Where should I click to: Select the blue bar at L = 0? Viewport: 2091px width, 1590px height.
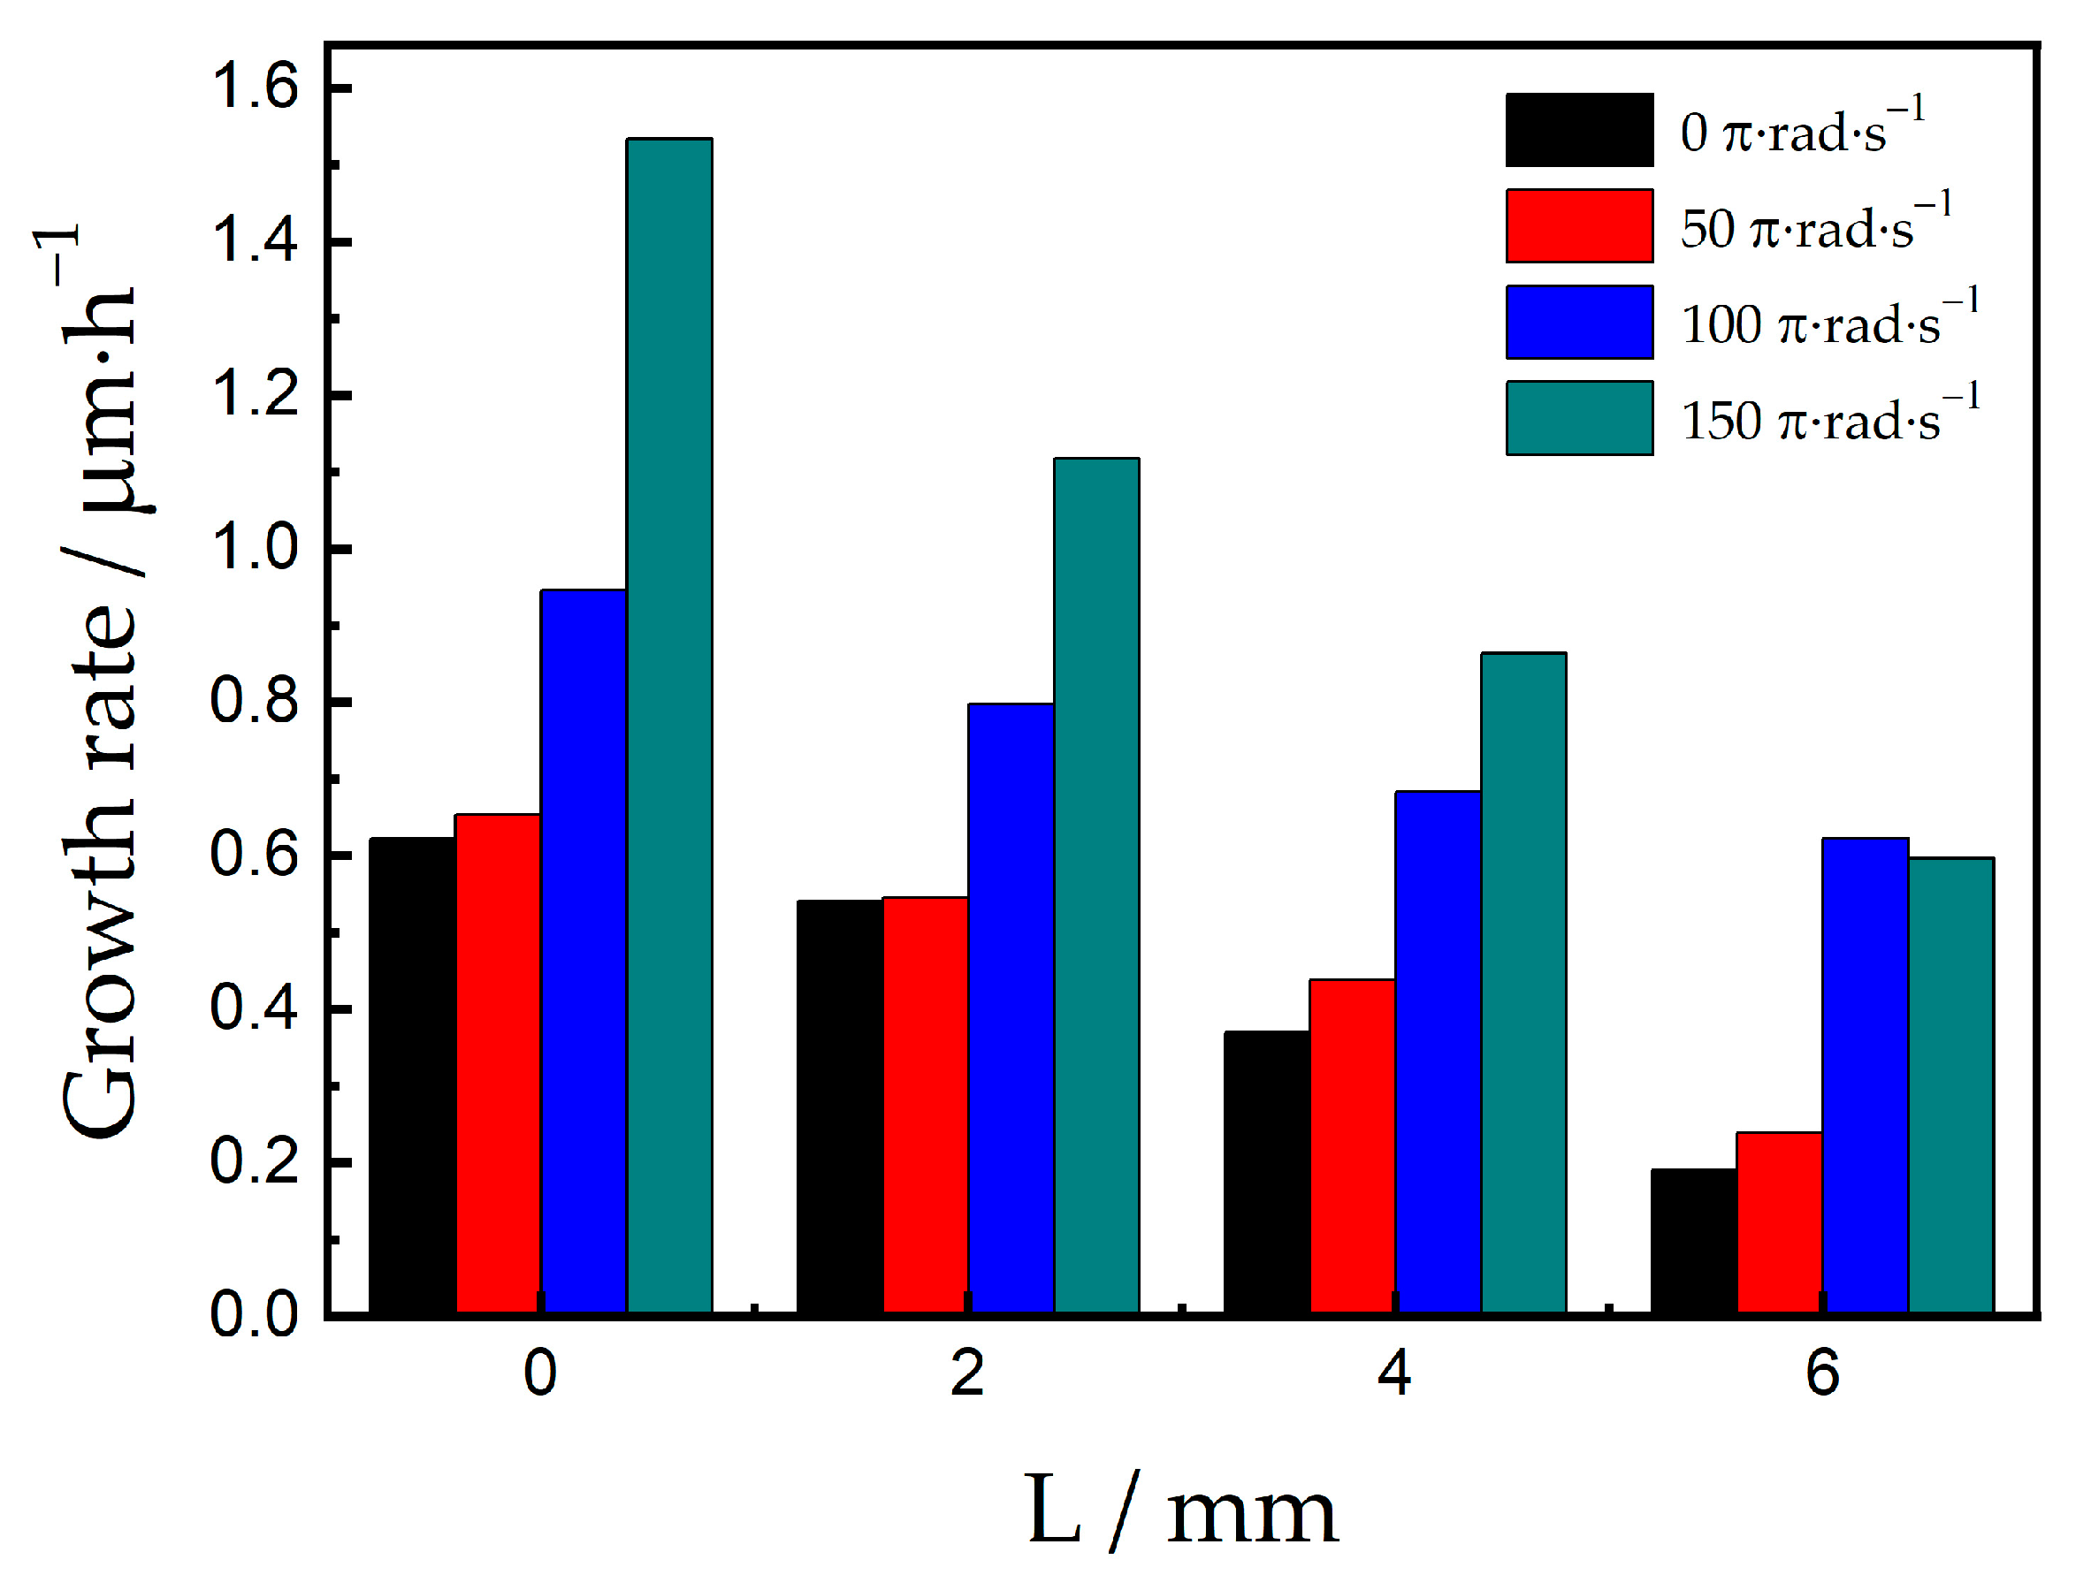[x=584, y=951]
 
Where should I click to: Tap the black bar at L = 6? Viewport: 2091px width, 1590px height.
[x=1693, y=1242]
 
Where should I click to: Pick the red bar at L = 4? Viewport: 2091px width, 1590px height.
[x=1353, y=1146]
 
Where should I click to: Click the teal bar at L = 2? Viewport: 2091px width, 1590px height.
[x=1096, y=886]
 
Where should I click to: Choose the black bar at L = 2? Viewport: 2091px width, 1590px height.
[x=840, y=1107]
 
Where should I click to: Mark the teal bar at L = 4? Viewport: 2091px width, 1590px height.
[x=1523, y=984]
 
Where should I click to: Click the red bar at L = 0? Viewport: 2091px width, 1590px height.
[x=498, y=1063]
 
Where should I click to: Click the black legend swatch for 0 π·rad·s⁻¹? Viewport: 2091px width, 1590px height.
[x=1579, y=130]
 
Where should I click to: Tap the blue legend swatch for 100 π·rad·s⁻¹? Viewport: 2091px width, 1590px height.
[x=1579, y=322]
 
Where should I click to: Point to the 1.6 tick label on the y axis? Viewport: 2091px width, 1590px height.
[x=253, y=87]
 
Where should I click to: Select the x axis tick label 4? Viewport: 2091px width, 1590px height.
[x=1394, y=1374]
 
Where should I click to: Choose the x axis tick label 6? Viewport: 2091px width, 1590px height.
[x=1821, y=1374]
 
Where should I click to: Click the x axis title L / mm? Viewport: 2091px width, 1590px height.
[x=1181, y=1512]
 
